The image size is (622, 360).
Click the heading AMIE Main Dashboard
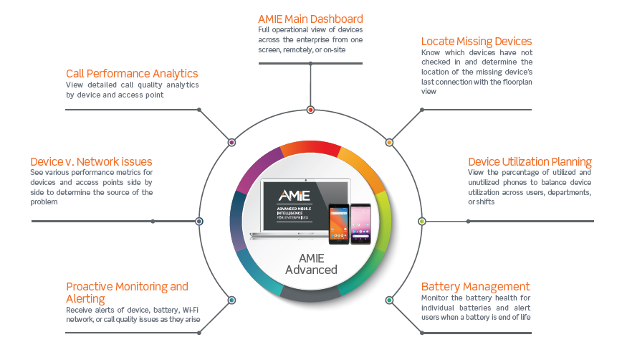[x=310, y=19]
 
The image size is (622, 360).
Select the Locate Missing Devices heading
[x=477, y=42]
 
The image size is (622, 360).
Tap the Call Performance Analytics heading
[x=132, y=74]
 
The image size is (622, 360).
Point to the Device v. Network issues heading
[x=91, y=162]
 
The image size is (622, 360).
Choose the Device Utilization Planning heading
[x=530, y=162]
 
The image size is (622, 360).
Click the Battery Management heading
[x=475, y=287]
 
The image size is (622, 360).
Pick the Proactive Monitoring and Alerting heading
[x=127, y=293]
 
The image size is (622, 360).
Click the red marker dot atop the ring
[x=310, y=110]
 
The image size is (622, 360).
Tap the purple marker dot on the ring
[x=231, y=143]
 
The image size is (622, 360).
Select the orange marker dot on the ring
[x=390, y=143]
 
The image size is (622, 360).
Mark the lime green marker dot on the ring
[x=422, y=221]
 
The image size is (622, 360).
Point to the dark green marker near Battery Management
[x=390, y=300]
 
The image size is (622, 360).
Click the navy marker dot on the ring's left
[x=199, y=221]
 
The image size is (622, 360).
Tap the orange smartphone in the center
[x=339, y=224]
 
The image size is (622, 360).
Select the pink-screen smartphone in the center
[x=360, y=224]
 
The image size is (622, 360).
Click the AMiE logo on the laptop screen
[x=295, y=196]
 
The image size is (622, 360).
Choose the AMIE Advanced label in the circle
[x=312, y=264]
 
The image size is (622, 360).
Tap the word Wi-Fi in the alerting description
[x=191, y=310]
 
